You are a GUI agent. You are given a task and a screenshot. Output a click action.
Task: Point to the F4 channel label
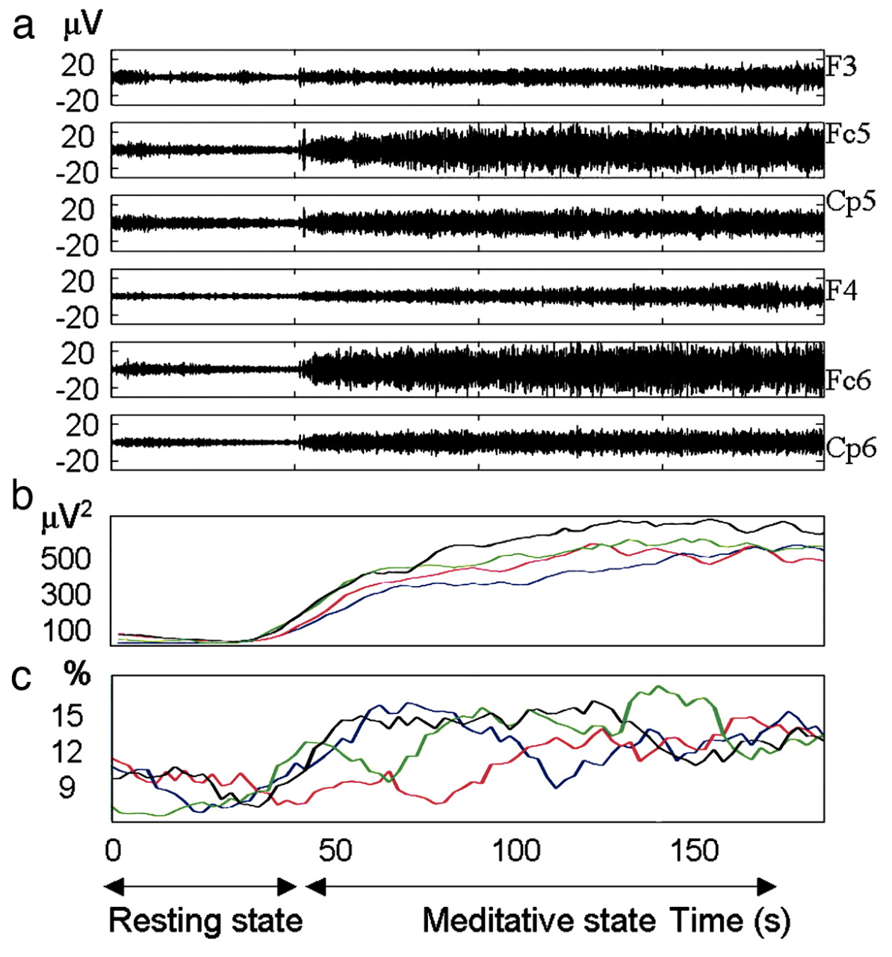pyautogui.click(x=841, y=290)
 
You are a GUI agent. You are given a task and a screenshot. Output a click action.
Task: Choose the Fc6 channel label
pyautogui.click(x=848, y=380)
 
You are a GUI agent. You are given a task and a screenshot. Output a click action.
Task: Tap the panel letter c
pyautogui.click(x=24, y=677)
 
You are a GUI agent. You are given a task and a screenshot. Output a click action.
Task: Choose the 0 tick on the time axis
pyautogui.click(x=112, y=851)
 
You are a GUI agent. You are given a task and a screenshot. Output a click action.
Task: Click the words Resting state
pyautogui.click(x=205, y=920)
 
